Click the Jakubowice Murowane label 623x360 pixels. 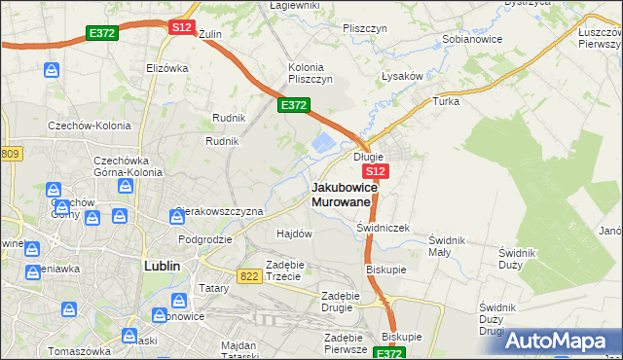tap(341, 194)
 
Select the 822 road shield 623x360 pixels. tap(248, 276)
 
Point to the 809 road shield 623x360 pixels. tap(10, 154)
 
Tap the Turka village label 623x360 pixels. tap(446, 101)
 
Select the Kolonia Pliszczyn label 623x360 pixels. tap(311, 72)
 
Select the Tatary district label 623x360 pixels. tap(213, 288)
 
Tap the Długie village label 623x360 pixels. tap(368, 156)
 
